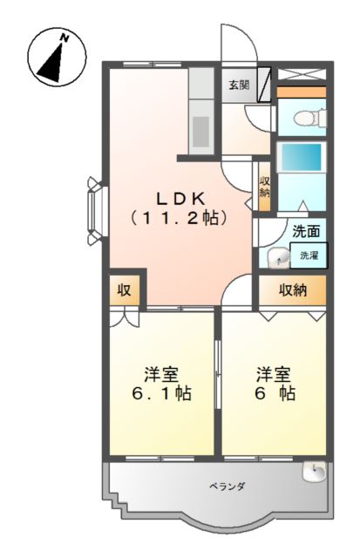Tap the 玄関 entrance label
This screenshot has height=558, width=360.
click(239, 85)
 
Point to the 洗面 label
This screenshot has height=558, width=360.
click(306, 232)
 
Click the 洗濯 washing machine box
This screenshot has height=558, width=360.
click(309, 255)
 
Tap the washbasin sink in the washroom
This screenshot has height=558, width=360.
click(278, 258)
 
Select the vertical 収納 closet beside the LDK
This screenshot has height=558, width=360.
click(264, 185)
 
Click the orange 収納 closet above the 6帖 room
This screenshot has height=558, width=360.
click(292, 289)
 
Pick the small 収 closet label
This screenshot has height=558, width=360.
click(125, 289)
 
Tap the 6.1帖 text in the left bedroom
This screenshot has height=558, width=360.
click(161, 394)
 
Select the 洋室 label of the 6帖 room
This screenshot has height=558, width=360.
click(274, 373)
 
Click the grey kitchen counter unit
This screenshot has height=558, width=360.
click(200, 113)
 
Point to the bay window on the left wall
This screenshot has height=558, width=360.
click(95, 205)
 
